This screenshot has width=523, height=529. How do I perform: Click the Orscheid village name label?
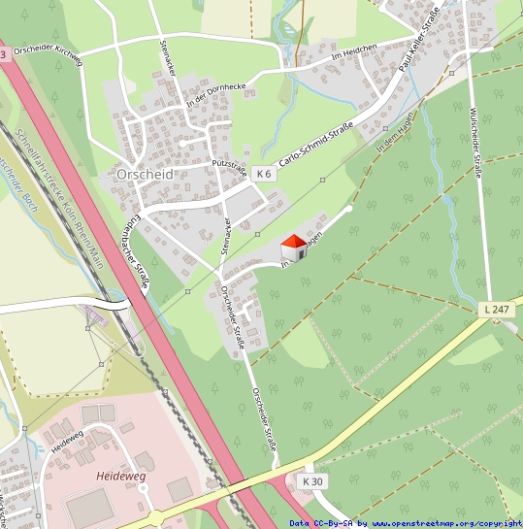(144, 174)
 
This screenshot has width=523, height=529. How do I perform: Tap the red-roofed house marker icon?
(294, 248)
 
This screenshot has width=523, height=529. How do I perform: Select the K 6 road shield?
(263, 173)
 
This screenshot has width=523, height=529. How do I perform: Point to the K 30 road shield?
(311, 481)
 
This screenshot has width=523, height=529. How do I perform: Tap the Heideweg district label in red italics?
(120, 477)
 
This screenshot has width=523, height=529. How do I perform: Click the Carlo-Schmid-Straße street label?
(315, 142)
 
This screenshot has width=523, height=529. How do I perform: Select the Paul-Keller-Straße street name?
(419, 40)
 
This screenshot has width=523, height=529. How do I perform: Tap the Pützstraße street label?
(230, 152)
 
